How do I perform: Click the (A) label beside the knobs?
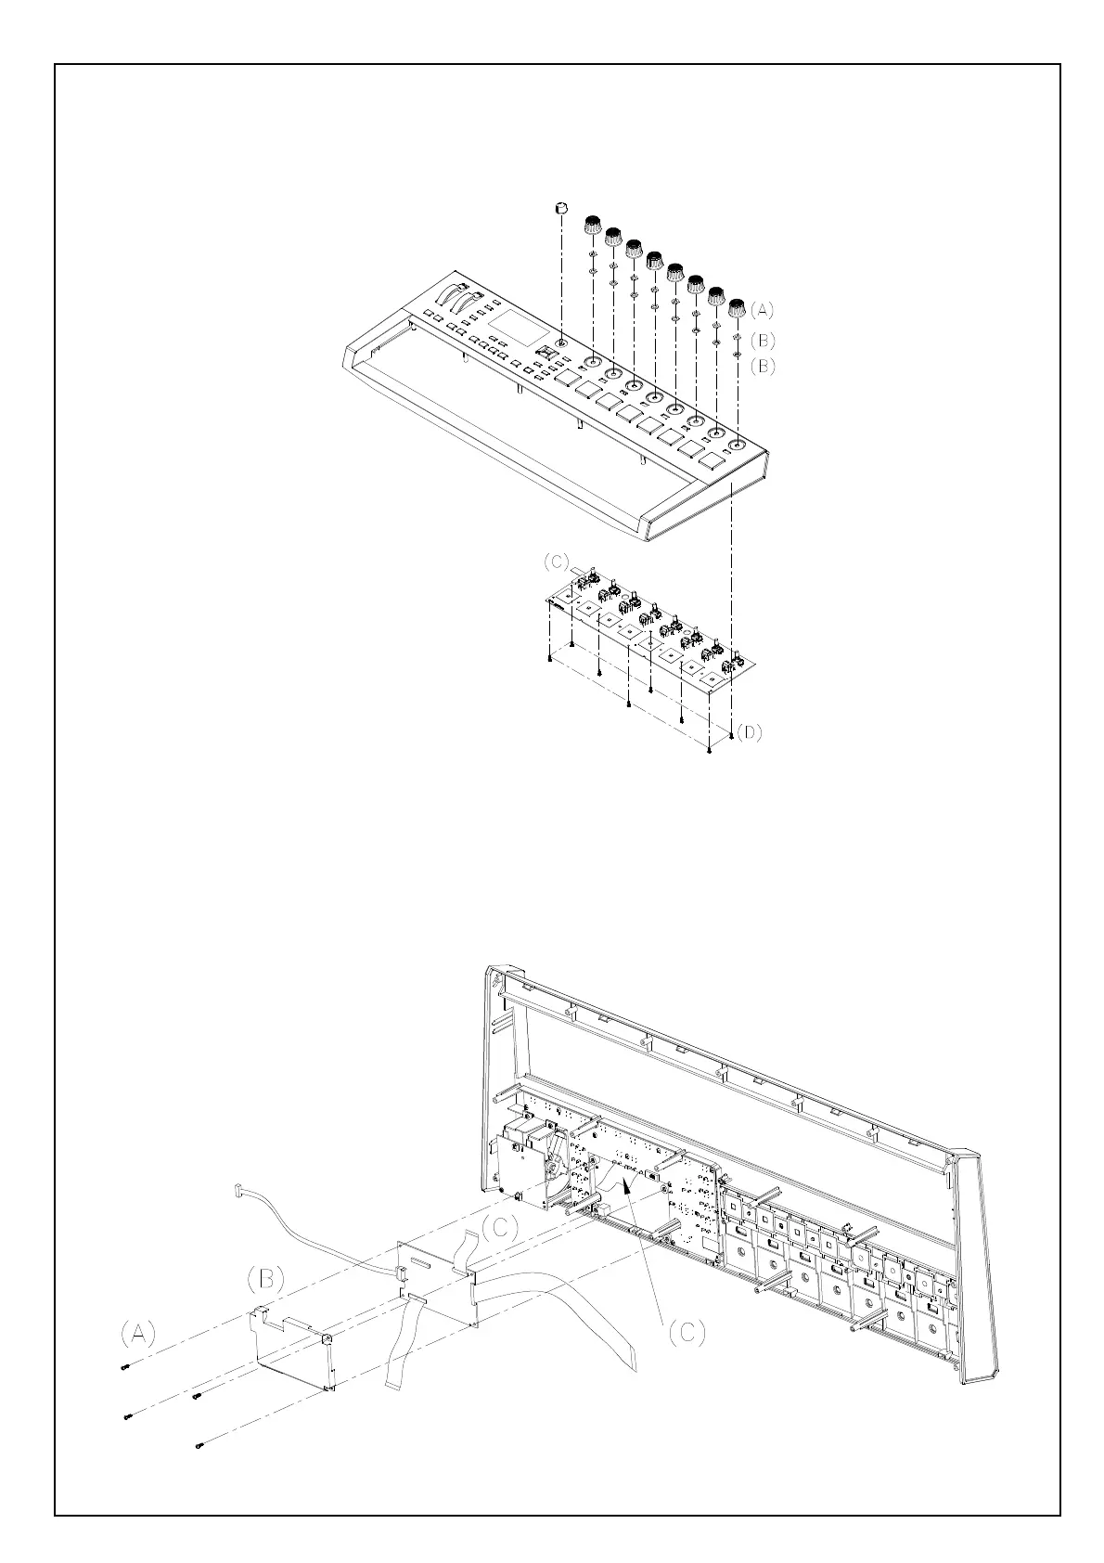pos(762,309)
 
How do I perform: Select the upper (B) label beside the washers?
pos(762,339)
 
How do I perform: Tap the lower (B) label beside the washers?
pos(762,366)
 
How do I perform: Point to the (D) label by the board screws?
pos(750,732)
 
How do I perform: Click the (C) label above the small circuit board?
pos(557,562)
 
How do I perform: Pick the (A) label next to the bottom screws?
pos(138,1334)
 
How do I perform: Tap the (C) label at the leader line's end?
pos(687,1332)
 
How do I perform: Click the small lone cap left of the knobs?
pos(560,209)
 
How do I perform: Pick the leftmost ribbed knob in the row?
pos(593,226)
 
